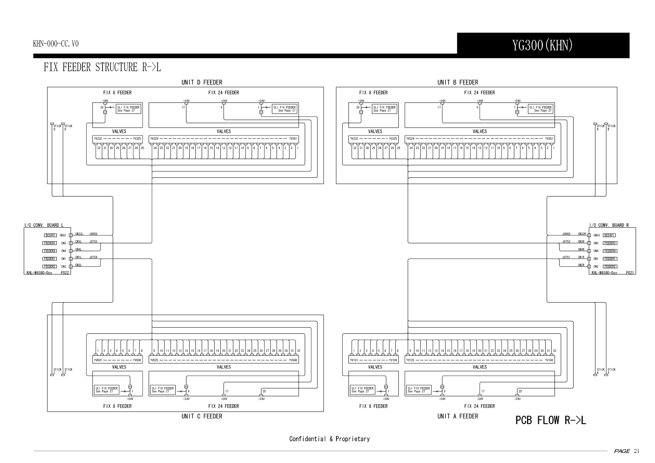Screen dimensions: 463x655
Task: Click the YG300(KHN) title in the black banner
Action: tap(542, 46)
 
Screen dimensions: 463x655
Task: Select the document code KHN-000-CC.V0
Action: tap(56, 44)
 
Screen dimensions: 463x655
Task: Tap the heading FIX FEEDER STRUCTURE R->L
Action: tap(102, 67)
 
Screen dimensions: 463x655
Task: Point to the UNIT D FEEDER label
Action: tap(202, 82)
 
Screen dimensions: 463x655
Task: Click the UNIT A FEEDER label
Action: tap(458, 416)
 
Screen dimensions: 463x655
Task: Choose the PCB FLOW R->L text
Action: tap(551, 420)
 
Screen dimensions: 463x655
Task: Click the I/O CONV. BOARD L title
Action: tap(44, 225)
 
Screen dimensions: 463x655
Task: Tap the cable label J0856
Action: tap(93, 234)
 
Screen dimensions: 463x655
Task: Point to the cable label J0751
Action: tap(566, 257)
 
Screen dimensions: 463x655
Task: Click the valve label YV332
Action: tap(98, 139)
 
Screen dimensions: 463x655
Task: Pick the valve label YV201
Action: tap(549, 139)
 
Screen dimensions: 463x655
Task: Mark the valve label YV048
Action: tap(293, 360)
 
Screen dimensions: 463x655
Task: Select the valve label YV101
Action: tap(354, 360)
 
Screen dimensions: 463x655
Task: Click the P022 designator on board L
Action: tap(65, 273)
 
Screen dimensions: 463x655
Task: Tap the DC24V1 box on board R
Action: tap(609, 235)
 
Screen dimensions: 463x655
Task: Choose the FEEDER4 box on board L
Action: tap(50, 251)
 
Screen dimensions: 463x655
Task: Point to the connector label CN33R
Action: tap(582, 234)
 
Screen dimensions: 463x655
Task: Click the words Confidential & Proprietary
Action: tap(329, 439)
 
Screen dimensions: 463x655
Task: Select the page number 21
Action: tap(637, 451)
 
